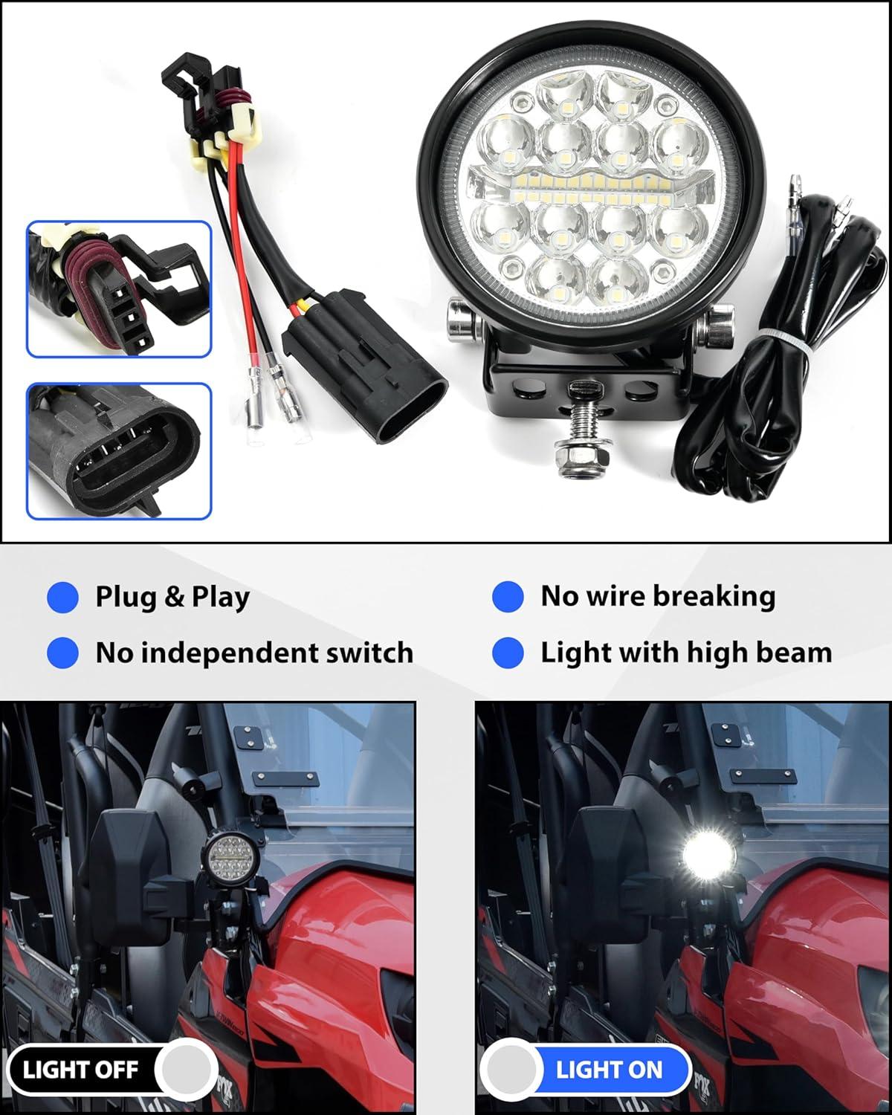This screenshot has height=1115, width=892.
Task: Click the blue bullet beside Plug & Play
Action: [62, 597]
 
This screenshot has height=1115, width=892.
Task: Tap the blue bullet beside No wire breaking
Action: [508, 596]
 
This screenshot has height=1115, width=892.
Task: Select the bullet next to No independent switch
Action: [62, 653]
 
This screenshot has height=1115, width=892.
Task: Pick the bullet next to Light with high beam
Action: [508, 653]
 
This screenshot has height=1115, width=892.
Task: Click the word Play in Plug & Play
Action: [221, 598]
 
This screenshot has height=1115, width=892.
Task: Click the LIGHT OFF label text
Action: [80, 1070]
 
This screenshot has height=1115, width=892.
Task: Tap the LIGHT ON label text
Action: [609, 1070]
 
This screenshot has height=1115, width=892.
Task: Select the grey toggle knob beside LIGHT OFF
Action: [186, 1070]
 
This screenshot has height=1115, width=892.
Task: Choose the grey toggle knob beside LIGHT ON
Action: [511, 1070]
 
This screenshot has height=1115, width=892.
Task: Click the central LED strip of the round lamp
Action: [591, 189]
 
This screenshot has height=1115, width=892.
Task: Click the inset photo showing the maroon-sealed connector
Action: [119, 289]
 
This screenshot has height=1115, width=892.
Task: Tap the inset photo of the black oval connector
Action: [119, 451]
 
